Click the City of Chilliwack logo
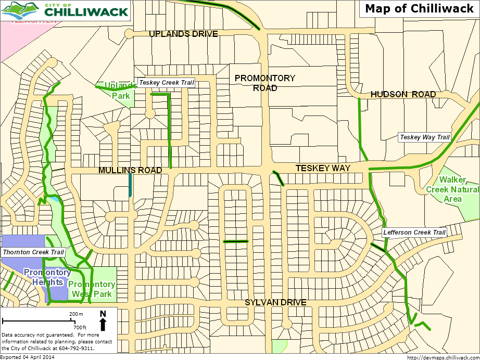point(65,10)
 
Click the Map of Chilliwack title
point(418,9)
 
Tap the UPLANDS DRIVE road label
point(183,34)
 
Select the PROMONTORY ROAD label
point(264,83)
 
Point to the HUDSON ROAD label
point(403,94)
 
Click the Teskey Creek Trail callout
point(166,83)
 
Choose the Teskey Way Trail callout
point(424,137)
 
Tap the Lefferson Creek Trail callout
point(414,233)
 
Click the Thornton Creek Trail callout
point(33,252)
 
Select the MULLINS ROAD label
point(130,170)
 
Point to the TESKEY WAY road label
point(323,168)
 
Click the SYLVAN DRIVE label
point(275,303)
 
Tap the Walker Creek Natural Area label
point(452,189)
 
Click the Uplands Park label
point(117,91)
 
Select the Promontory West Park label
point(92,289)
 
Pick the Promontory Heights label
point(47,277)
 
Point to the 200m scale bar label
point(76,315)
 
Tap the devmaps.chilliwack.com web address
point(442,357)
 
